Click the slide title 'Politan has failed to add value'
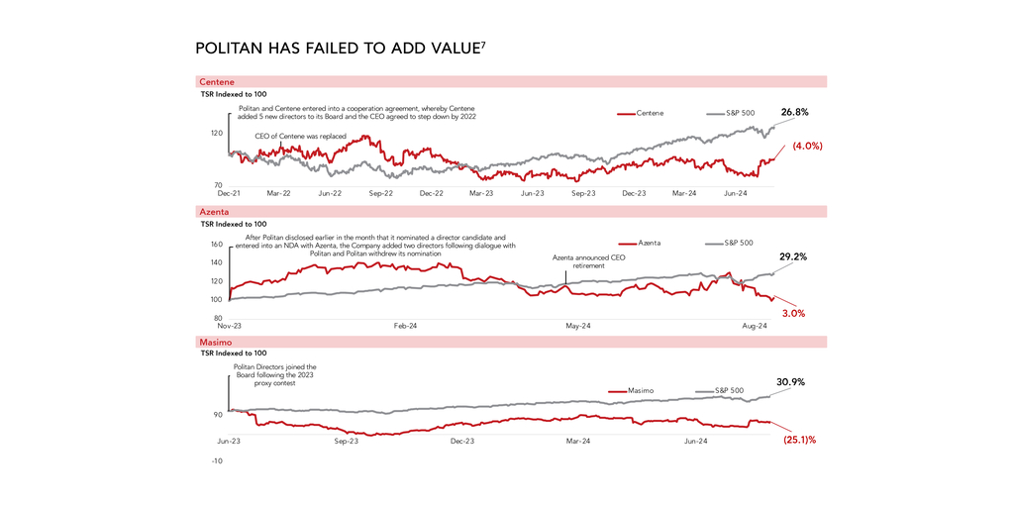pyautogui.click(x=340, y=48)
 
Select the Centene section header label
pyautogui.click(x=217, y=81)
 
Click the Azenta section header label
pyautogui.click(x=214, y=212)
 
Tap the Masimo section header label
pyautogui.click(x=216, y=342)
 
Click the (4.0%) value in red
pyautogui.click(x=807, y=146)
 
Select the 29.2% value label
pyautogui.click(x=793, y=256)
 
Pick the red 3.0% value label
pyautogui.click(x=793, y=313)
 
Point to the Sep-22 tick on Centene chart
pyautogui.click(x=381, y=195)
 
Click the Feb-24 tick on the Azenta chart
pyautogui.click(x=404, y=325)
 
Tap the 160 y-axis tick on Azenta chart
pyautogui.click(x=217, y=244)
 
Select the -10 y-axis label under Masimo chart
pyautogui.click(x=216, y=460)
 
